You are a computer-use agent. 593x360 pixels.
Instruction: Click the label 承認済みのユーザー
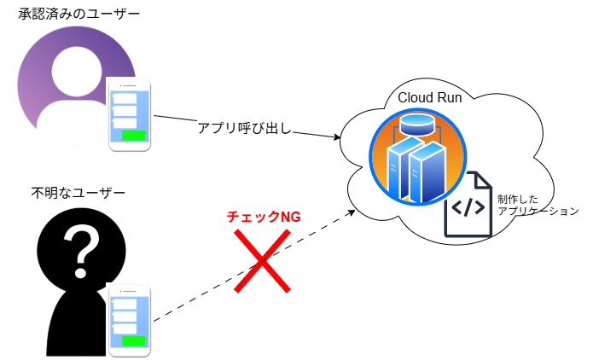[79, 17]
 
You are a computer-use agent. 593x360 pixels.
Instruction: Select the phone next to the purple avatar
[131, 116]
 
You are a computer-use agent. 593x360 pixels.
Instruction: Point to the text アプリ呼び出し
[245, 128]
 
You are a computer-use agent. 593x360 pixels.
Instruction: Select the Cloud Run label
[430, 97]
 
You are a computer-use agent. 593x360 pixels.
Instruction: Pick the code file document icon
[468, 205]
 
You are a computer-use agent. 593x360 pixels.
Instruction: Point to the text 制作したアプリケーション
[537, 204]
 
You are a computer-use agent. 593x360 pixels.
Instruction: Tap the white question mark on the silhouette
[83, 247]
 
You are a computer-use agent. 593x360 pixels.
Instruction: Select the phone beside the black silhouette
[131, 321]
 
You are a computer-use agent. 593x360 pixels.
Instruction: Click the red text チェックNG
[265, 218]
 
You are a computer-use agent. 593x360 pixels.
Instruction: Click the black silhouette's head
[83, 247]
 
